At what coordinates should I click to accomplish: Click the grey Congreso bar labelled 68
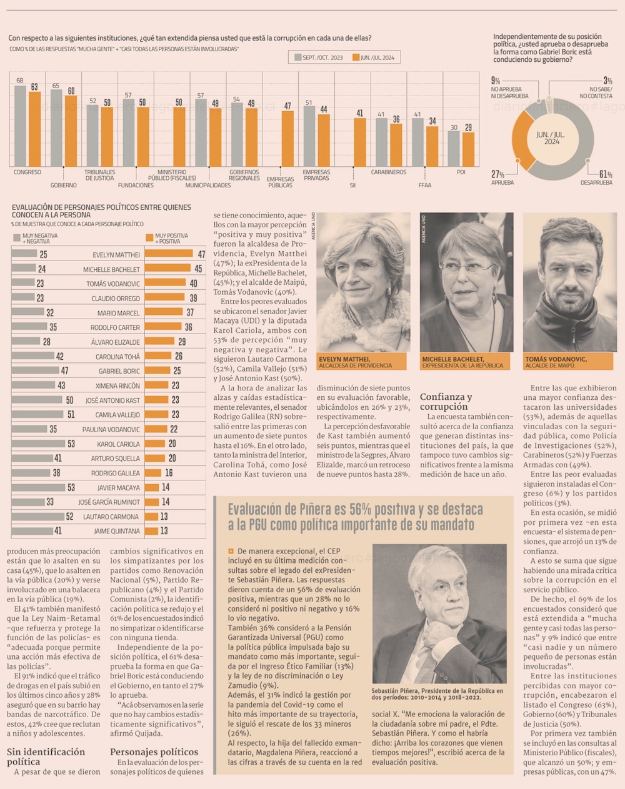(x=20, y=125)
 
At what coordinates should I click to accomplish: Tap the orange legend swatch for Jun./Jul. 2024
(x=356, y=57)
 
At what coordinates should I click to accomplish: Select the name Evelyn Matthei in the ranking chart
(x=116, y=255)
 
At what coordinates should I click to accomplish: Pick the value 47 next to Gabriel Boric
(x=64, y=371)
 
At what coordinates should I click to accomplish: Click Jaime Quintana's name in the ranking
(x=117, y=532)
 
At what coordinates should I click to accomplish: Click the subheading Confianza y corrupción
(x=446, y=402)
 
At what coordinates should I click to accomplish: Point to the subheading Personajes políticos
(x=154, y=752)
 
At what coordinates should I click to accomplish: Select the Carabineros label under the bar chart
(x=388, y=172)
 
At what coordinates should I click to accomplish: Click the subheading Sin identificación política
(x=46, y=757)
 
